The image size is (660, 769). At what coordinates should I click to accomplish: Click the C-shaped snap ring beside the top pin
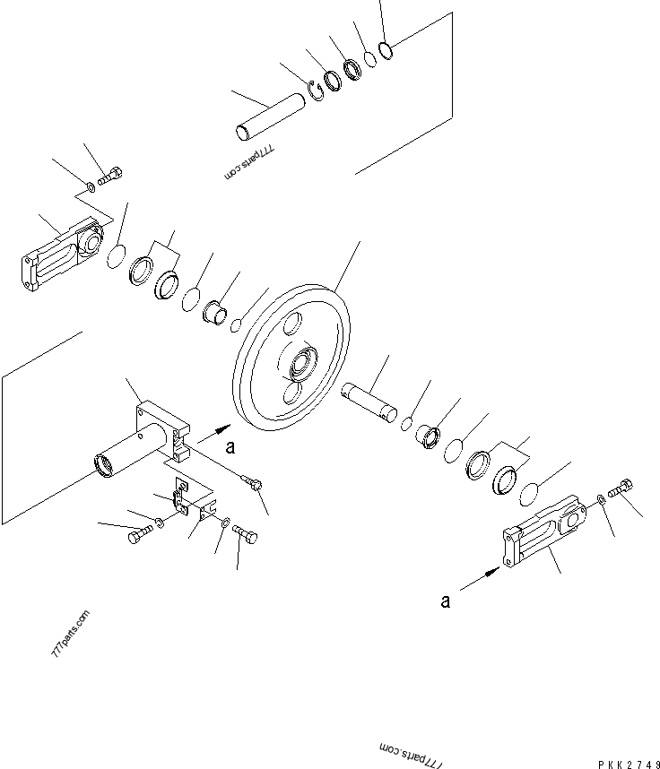pos(316,90)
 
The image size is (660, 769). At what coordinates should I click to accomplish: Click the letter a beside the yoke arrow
pos(230,445)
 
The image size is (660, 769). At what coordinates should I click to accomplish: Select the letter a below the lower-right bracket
pos(445,602)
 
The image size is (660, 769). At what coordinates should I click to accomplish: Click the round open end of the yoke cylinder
pos(105,467)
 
